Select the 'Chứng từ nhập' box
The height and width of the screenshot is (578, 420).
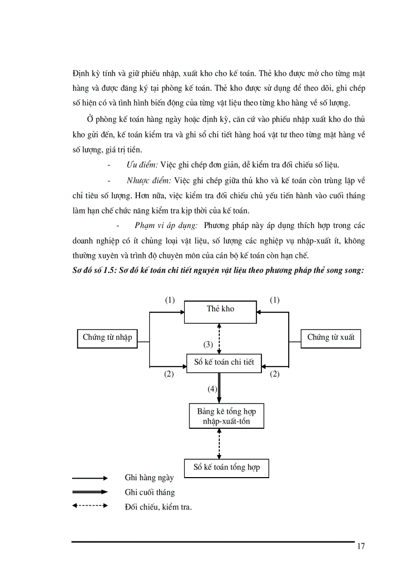click(x=107, y=338)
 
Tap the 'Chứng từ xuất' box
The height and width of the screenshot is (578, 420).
click(x=330, y=338)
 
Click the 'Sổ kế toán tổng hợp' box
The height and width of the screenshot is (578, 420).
click(x=226, y=467)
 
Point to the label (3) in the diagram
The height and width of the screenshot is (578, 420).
click(x=207, y=344)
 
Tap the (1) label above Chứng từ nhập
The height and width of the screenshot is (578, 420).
click(x=170, y=300)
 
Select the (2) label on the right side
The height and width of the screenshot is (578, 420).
click(x=274, y=374)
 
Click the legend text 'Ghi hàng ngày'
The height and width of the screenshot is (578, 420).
click(x=149, y=478)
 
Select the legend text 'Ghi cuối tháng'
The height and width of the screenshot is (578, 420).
click(x=150, y=492)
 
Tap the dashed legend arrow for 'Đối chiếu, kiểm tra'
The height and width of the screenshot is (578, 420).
click(x=90, y=506)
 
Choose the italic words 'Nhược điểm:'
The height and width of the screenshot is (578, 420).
click(x=149, y=180)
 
